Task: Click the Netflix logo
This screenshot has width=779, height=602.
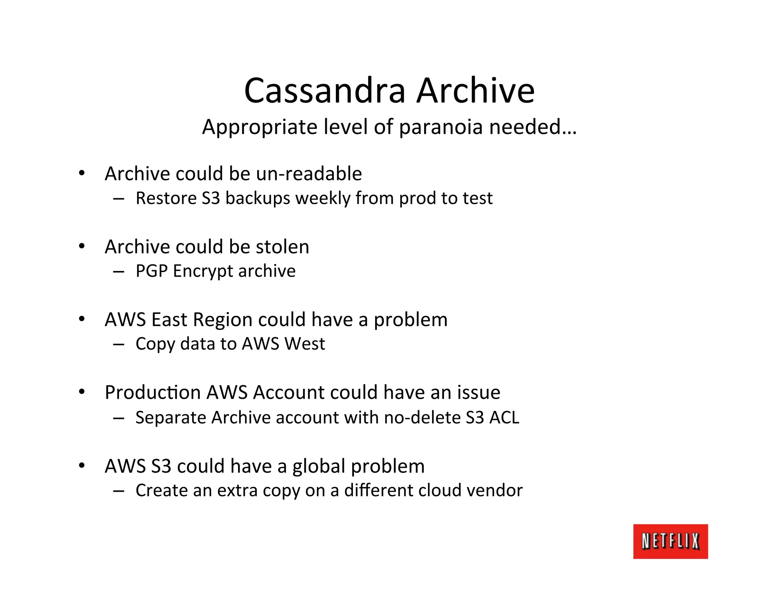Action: tap(670, 541)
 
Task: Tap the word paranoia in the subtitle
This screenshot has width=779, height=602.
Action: tap(441, 127)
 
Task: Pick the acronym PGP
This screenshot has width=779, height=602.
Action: tap(151, 271)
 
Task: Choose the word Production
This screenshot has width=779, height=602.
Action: tap(153, 392)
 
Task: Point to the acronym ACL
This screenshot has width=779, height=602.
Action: tap(504, 417)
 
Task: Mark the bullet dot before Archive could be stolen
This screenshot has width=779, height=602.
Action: tap(82, 247)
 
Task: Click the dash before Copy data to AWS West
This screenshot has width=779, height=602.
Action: tap(119, 344)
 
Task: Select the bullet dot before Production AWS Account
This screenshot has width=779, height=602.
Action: tap(82, 392)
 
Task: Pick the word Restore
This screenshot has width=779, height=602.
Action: tap(166, 198)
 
